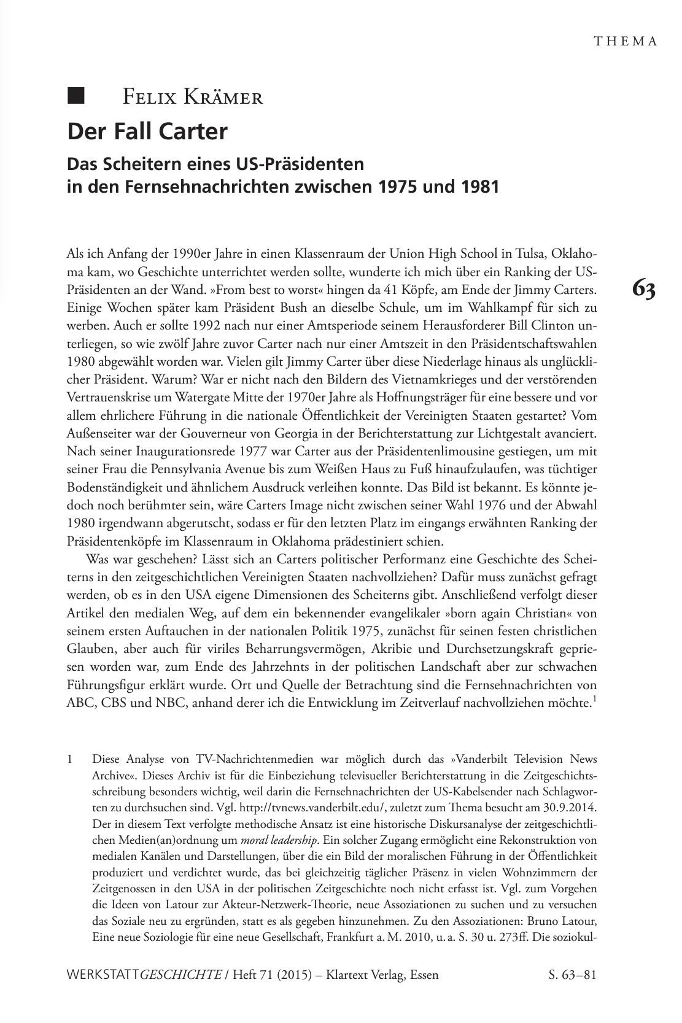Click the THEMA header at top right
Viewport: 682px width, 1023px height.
(x=626, y=41)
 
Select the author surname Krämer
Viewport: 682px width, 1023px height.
(x=226, y=96)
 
